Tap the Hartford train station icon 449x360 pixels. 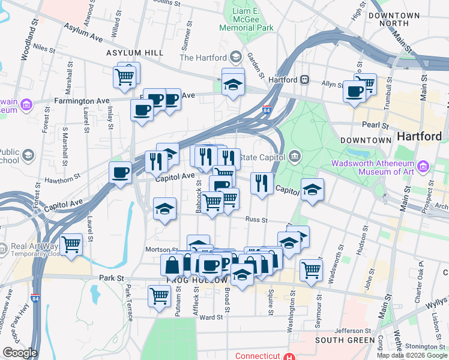pos(305,79)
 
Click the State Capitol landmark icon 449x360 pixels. pos(294,157)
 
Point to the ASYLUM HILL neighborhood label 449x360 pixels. pos(135,53)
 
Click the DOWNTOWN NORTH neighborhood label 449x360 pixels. pos(394,19)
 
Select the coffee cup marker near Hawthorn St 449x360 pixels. pos(120,173)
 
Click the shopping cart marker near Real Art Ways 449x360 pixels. pos(71,244)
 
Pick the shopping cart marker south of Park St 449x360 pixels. pos(160,295)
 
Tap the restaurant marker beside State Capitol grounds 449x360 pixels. pos(262,182)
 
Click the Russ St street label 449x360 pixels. pos(256,220)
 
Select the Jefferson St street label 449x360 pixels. pos(353,331)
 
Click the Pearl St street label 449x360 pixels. pos(373,124)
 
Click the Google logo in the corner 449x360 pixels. pos(20,353)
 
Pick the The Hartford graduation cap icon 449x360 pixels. pos(235,58)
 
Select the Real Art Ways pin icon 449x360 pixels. pos(4,247)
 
